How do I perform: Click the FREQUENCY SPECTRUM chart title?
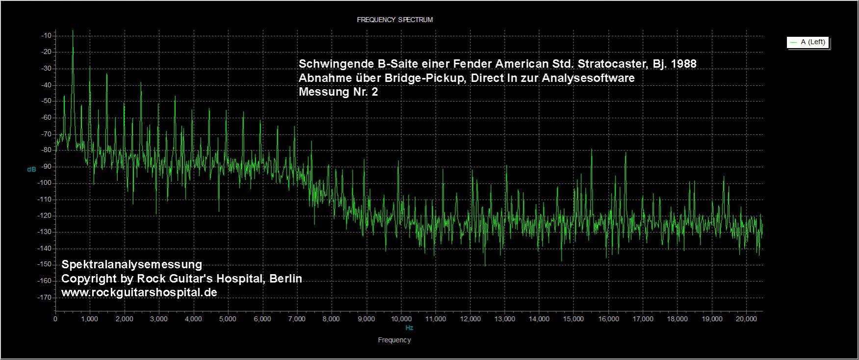[x=394, y=20]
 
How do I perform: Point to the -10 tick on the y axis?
[x=47, y=35]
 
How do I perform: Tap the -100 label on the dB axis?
[x=46, y=183]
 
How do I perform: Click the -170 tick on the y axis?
[x=46, y=297]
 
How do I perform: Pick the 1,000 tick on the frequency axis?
[x=90, y=319]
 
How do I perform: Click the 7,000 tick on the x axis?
[x=297, y=319]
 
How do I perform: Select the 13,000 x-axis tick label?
[x=504, y=319]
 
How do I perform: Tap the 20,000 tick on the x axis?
[x=746, y=319]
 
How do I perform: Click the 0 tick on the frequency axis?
[x=55, y=319]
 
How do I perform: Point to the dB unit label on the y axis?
[x=31, y=169]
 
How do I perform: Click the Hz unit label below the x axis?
[x=409, y=327]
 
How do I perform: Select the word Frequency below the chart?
[x=394, y=340]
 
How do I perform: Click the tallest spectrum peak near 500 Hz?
[x=73, y=31]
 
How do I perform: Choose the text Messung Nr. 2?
[x=338, y=92]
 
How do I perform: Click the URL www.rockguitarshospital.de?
[x=139, y=292]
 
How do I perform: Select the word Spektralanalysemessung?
[x=131, y=264]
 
